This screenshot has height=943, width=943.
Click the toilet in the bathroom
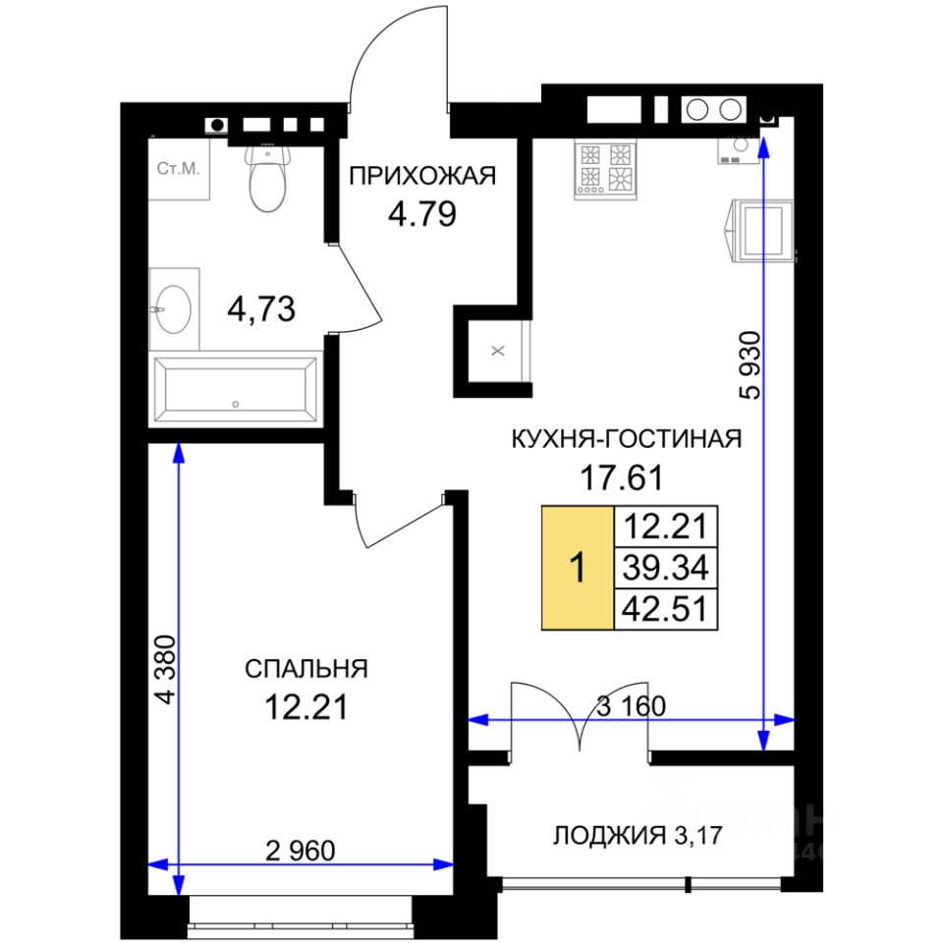pyautogui.click(x=267, y=178)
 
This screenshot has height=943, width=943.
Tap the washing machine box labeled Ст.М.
pyautogui.click(x=179, y=169)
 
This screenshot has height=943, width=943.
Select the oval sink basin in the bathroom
pyautogui.click(x=174, y=309)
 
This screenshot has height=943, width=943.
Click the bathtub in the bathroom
pyautogui.click(x=235, y=390)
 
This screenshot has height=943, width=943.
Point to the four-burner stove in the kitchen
pyautogui.click(x=605, y=169)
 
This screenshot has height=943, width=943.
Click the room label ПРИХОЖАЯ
pyautogui.click(x=422, y=176)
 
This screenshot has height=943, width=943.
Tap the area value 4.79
pyautogui.click(x=422, y=214)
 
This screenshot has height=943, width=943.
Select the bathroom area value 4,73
pyautogui.click(x=261, y=309)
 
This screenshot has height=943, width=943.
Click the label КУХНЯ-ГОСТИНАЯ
pyautogui.click(x=626, y=439)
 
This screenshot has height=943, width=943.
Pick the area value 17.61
pyautogui.click(x=621, y=478)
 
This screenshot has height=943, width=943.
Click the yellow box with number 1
pyautogui.click(x=578, y=568)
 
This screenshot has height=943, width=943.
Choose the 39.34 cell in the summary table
pyautogui.click(x=666, y=568)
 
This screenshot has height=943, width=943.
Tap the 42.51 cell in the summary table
pyautogui.click(x=666, y=609)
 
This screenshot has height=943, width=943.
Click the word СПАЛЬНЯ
pyautogui.click(x=306, y=669)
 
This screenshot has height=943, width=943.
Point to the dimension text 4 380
pyautogui.click(x=165, y=669)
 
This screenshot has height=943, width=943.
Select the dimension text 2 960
pyautogui.click(x=301, y=851)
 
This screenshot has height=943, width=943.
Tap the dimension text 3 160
pyautogui.click(x=631, y=706)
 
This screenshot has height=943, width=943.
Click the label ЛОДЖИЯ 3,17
pyautogui.click(x=637, y=835)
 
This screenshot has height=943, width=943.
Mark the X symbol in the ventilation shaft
pyautogui.click(x=498, y=350)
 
